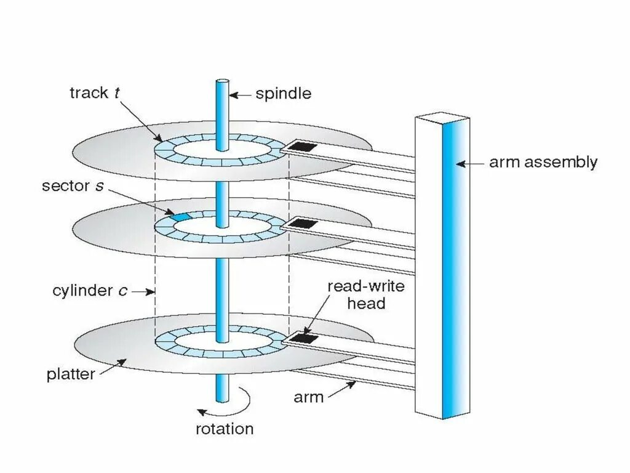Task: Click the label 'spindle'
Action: (x=284, y=94)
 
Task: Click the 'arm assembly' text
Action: (x=543, y=163)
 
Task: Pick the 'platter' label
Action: (x=71, y=374)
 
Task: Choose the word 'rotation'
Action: (x=225, y=428)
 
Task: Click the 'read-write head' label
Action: (x=356, y=294)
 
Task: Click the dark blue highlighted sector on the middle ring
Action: (x=179, y=217)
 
